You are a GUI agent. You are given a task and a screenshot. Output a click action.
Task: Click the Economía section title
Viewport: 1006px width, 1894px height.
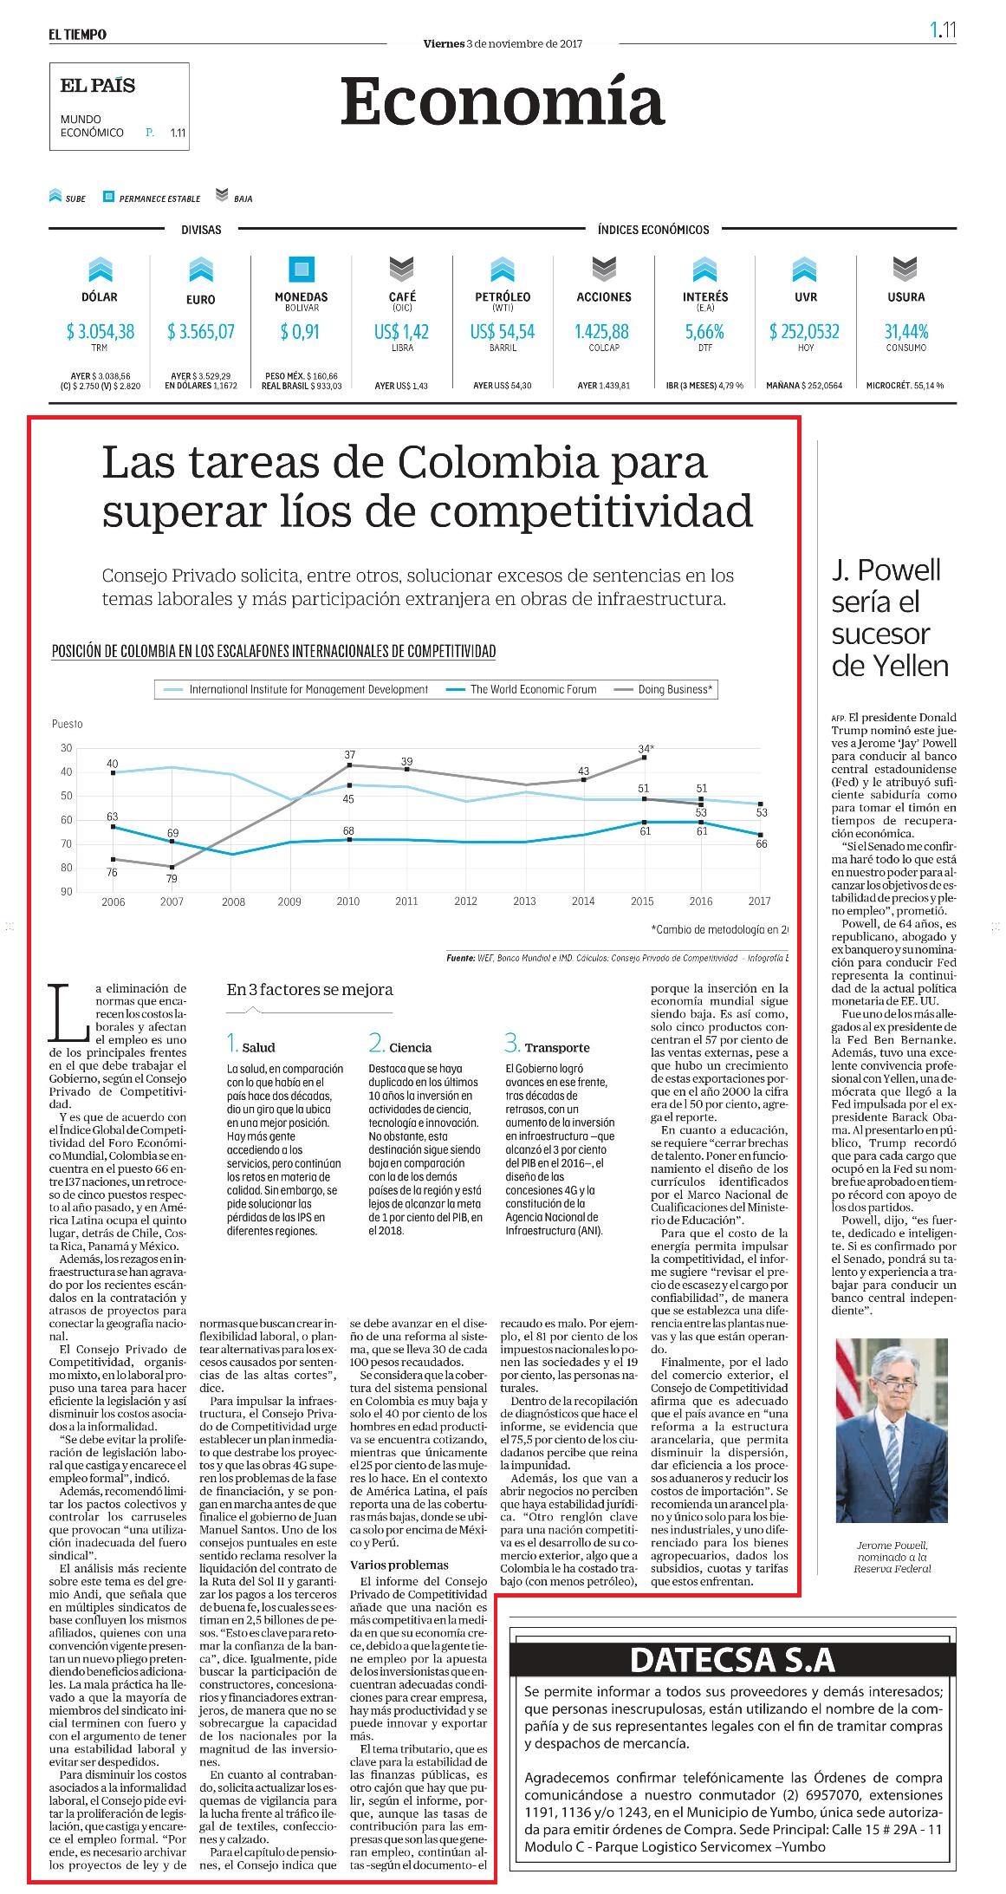point(503,101)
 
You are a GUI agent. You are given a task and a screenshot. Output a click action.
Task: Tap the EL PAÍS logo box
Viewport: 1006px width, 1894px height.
point(119,107)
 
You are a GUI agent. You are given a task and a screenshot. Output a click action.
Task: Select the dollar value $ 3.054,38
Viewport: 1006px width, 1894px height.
point(100,331)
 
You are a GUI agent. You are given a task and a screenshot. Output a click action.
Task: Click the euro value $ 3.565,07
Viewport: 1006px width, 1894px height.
point(201,331)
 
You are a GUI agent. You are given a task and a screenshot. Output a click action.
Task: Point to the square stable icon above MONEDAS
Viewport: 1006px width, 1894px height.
point(302,269)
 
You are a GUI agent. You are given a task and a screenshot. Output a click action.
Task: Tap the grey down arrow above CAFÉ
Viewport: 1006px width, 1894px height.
point(402,269)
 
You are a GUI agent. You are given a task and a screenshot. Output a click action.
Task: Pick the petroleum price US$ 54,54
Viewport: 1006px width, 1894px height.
point(503,331)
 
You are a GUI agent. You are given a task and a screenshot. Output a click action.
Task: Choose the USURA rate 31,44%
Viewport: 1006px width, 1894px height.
point(905,331)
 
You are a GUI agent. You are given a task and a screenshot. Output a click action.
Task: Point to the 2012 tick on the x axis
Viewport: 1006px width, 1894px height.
point(465,901)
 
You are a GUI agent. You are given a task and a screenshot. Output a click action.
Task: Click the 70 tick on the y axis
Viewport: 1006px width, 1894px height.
point(67,843)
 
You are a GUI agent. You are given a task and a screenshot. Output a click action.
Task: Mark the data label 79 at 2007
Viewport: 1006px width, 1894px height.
point(172,878)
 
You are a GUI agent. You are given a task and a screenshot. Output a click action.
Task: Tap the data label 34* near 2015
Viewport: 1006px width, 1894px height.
point(646,748)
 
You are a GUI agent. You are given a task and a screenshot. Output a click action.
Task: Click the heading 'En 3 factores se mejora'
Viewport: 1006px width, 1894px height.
point(309,989)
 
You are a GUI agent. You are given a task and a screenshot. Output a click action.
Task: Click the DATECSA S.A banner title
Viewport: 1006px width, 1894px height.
point(732,1659)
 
